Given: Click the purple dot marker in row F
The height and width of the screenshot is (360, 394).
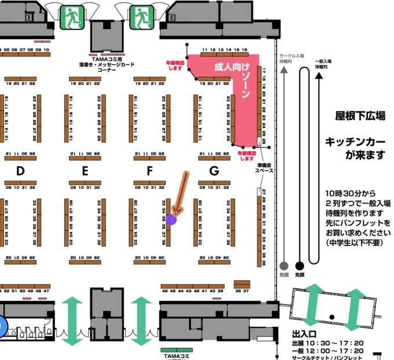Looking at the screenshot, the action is click(171, 219).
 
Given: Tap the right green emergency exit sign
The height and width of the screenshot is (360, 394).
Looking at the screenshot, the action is click(140, 18).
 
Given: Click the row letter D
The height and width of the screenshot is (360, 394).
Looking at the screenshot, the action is click(20, 171).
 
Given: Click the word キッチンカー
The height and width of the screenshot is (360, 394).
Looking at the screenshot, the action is click(349, 141).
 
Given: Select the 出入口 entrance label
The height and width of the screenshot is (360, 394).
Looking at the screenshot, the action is click(304, 334).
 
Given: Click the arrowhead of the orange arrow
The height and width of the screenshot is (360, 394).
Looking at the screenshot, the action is click(176, 212).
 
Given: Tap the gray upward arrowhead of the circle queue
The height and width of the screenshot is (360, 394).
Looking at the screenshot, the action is click(283, 71).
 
